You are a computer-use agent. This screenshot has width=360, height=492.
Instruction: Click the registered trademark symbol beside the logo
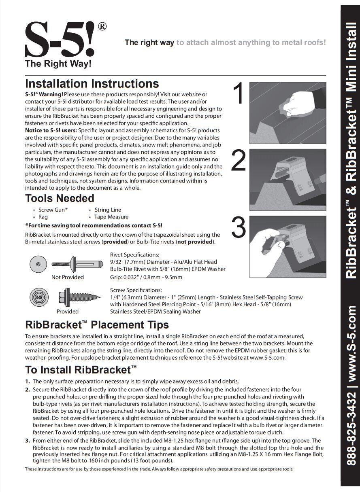pos(102,27)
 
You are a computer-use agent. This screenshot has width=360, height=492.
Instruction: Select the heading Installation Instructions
pos(92,84)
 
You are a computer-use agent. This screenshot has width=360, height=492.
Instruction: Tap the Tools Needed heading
pos(60,198)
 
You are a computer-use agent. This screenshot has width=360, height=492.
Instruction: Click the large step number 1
pos(239,94)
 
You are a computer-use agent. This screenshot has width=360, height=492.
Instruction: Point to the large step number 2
pos(239,161)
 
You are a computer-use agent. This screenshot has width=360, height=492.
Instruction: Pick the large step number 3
pos(239,227)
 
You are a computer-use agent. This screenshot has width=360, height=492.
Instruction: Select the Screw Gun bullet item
pos(53,210)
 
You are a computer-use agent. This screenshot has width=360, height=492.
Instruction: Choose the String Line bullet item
pos(108,210)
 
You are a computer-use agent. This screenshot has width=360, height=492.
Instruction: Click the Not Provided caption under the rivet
pos(68,277)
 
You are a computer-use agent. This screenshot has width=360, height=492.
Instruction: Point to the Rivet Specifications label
pos(134,254)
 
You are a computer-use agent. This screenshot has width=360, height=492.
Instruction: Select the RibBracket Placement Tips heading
pos(97,325)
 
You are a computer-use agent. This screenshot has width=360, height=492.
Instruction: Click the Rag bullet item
pos(43,217)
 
